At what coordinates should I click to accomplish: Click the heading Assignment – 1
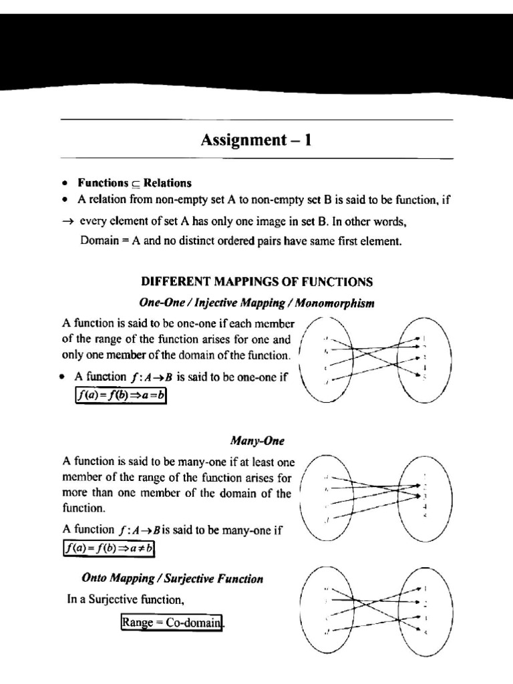256,140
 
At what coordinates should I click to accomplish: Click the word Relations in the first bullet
168,182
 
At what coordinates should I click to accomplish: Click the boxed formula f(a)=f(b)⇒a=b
120,395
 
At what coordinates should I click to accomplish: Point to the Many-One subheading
257,441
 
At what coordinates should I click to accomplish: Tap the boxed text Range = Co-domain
171,623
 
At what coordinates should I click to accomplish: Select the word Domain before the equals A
100,241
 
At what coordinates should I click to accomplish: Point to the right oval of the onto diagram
423,611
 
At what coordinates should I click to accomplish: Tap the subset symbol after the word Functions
136,184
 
